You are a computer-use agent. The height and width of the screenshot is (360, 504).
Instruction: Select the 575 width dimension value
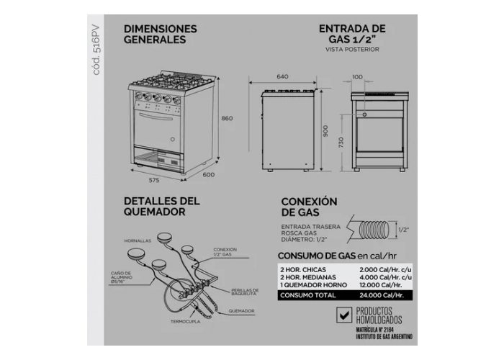point(154,179)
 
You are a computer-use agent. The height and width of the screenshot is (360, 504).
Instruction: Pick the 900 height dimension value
point(325,130)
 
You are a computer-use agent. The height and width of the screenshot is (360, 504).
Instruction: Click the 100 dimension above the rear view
point(357,76)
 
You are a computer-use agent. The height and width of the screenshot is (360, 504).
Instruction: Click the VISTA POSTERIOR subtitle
point(351,50)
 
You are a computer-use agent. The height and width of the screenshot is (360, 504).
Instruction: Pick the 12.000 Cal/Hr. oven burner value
point(379,285)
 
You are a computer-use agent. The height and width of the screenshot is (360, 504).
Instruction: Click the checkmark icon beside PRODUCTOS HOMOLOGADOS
point(343,315)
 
